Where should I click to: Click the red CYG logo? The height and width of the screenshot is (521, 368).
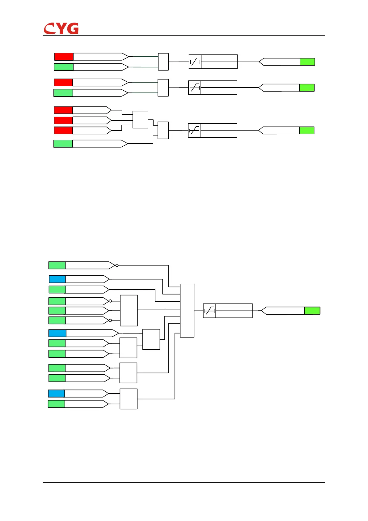[61, 28]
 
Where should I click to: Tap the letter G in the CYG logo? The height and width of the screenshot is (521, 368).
[73, 28]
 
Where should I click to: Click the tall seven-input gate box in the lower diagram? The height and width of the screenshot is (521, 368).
[187, 310]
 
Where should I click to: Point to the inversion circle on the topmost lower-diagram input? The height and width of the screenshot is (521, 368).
[117, 265]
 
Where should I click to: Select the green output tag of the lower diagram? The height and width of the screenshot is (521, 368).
[312, 311]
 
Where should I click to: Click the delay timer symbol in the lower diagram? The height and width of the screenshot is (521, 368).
[209, 311]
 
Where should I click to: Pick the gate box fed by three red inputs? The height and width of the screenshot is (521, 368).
[140, 120]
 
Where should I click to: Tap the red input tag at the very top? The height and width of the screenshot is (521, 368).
[64, 57]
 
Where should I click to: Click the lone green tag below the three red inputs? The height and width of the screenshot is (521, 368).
[63, 144]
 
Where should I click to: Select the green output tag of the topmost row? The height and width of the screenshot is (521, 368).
[307, 62]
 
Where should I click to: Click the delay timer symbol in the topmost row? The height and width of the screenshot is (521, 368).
[195, 62]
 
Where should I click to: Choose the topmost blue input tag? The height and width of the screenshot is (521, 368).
[57, 279]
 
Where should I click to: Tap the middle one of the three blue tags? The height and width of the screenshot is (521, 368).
[57, 333]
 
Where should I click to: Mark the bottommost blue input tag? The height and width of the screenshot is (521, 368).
[56, 393]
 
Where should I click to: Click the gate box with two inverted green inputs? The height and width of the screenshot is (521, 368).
[129, 310]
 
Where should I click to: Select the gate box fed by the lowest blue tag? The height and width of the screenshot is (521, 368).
[128, 399]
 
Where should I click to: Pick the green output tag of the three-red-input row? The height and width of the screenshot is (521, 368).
[307, 130]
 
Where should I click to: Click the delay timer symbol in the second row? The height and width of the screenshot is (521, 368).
[195, 88]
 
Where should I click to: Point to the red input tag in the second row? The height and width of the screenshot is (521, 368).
[63, 82]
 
